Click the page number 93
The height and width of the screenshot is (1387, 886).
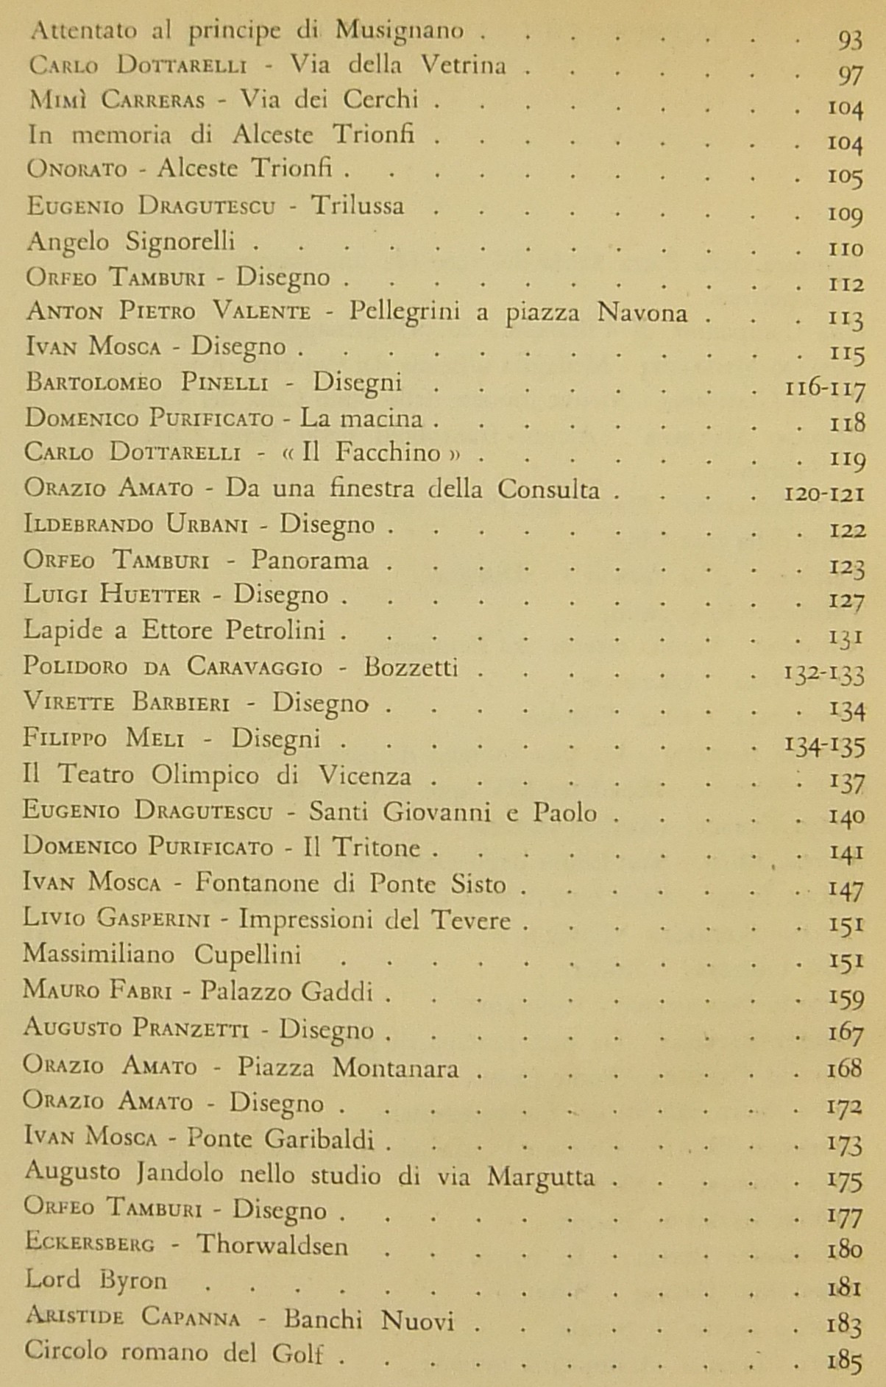coord(849,39)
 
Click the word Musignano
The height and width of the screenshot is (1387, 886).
coord(399,30)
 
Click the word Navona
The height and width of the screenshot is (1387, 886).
coord(642,313)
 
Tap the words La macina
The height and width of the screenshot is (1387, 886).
coord(362,419)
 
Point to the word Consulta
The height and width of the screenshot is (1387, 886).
coord(548,489)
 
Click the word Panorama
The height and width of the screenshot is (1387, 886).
coord(309,560)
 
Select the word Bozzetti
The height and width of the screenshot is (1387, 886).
coord(411,667)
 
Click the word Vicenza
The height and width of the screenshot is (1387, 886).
coord(375,776)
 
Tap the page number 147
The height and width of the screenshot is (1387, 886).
coord(845,890)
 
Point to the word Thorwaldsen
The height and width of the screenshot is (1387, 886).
coord(272,1245)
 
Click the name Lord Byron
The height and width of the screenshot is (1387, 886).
coord(96,1281)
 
